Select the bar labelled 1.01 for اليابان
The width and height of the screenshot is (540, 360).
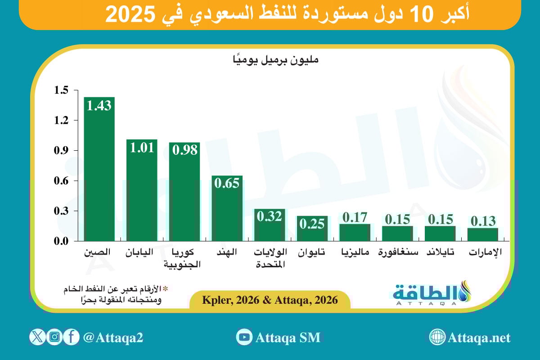coord(142,193)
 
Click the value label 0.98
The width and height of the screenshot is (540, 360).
coord(184,150)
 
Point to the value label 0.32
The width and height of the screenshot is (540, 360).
coord(270,216)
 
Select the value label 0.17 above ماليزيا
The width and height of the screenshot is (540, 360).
coord(355,217)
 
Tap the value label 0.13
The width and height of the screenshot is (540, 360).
coord(483,221)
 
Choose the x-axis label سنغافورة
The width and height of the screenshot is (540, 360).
coord(397,252)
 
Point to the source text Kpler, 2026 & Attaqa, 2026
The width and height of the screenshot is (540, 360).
coord(270,300)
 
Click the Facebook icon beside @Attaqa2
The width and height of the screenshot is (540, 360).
coord(72,337)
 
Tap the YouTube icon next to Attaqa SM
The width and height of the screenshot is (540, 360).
coord(244,337)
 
